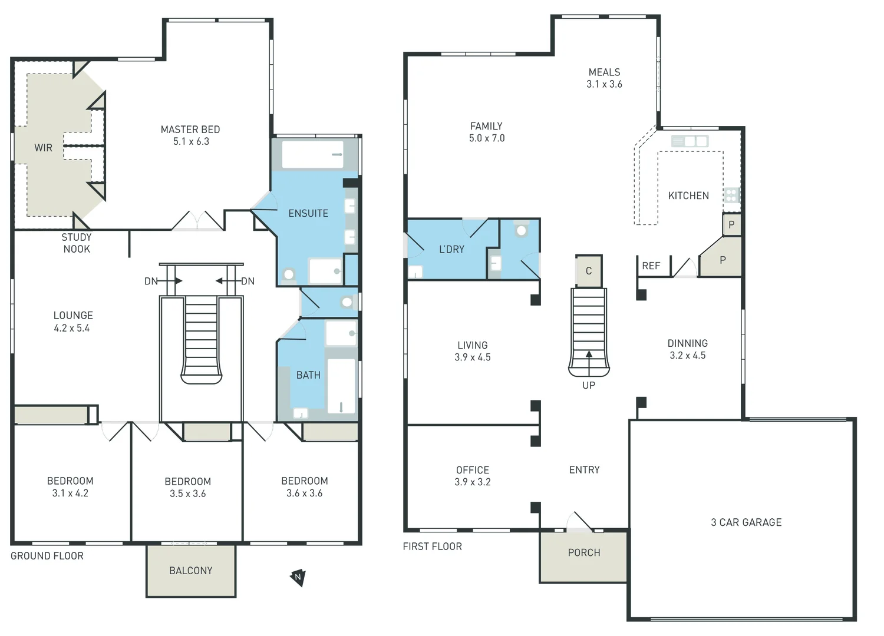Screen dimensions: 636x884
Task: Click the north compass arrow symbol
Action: (298, 577)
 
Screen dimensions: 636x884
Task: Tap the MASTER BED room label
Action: (190, 130)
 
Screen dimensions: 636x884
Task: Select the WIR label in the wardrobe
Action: (43, 148)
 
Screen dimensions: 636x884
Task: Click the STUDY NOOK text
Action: (77, 243)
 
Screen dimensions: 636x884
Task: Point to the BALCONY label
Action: (190, 571)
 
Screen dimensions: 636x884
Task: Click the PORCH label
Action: (584, 552)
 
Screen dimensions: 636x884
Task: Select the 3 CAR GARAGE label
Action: (746, 522)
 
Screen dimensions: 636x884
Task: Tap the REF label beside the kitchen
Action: (651, 266)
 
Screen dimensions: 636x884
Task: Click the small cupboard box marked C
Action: (588, 271)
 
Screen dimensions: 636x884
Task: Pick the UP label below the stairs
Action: (589, 385)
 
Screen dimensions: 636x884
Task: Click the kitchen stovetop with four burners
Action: (731, 195)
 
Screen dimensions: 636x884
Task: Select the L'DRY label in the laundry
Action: (451, 250)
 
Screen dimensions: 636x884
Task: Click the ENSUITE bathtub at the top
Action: (312, 155)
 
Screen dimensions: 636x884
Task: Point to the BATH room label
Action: (308, 375)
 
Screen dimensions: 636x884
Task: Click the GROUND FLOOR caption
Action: (47, 556)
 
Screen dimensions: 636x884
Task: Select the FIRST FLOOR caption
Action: (432, 546)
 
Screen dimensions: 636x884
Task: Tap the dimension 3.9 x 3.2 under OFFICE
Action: (473, 482)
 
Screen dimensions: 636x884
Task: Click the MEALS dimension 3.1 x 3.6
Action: (604, 84)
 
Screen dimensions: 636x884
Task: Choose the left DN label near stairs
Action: (151, 281)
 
